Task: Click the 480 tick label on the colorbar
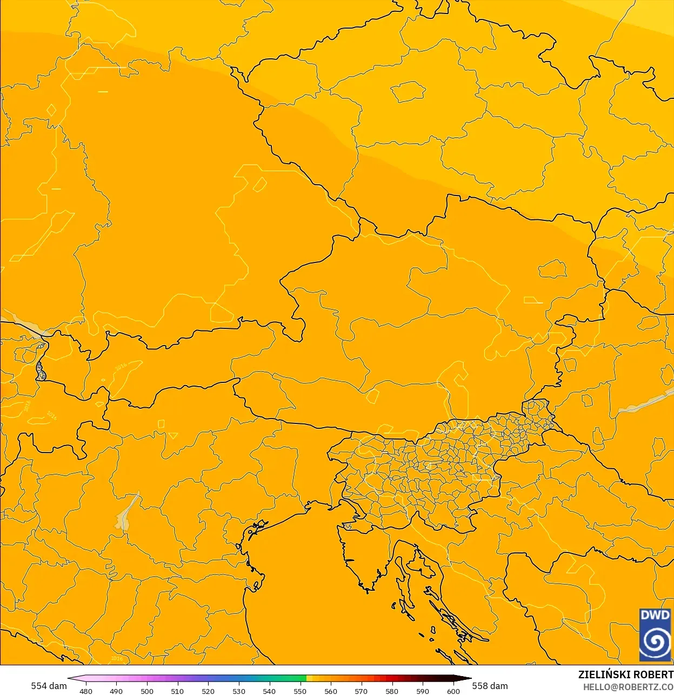pos(86,691)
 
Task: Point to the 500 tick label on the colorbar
pos(147,691)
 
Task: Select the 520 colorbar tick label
pos(208,691)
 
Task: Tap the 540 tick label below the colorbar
pos(269,691)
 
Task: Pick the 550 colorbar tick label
pos(300,691)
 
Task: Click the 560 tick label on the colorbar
pos(331,691)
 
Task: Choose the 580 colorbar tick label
pos(392,691)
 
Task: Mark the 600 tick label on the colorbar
pos(453,691)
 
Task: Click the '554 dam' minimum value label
pos(49,686)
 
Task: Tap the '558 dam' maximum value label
pos(490,686)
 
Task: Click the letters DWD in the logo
pos(655,615)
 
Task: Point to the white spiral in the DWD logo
pos(655,641)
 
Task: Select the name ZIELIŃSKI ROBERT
pos(625,674)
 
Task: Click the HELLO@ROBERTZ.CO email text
pos(628,687)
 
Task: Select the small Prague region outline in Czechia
pos(408,92)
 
